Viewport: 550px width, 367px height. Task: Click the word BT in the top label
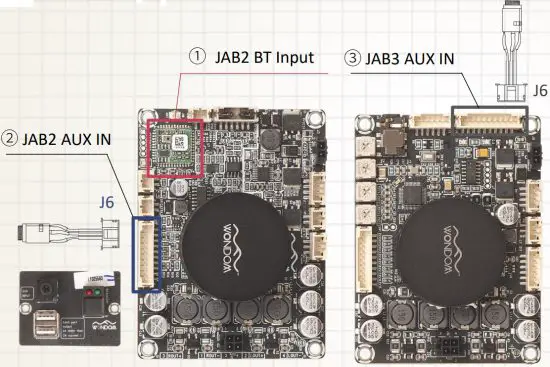click(261, 58)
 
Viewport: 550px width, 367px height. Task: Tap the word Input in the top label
click(295, 58)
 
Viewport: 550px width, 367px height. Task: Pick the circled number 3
click(355, 58)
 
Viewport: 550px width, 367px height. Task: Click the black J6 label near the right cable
click(540, 90)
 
